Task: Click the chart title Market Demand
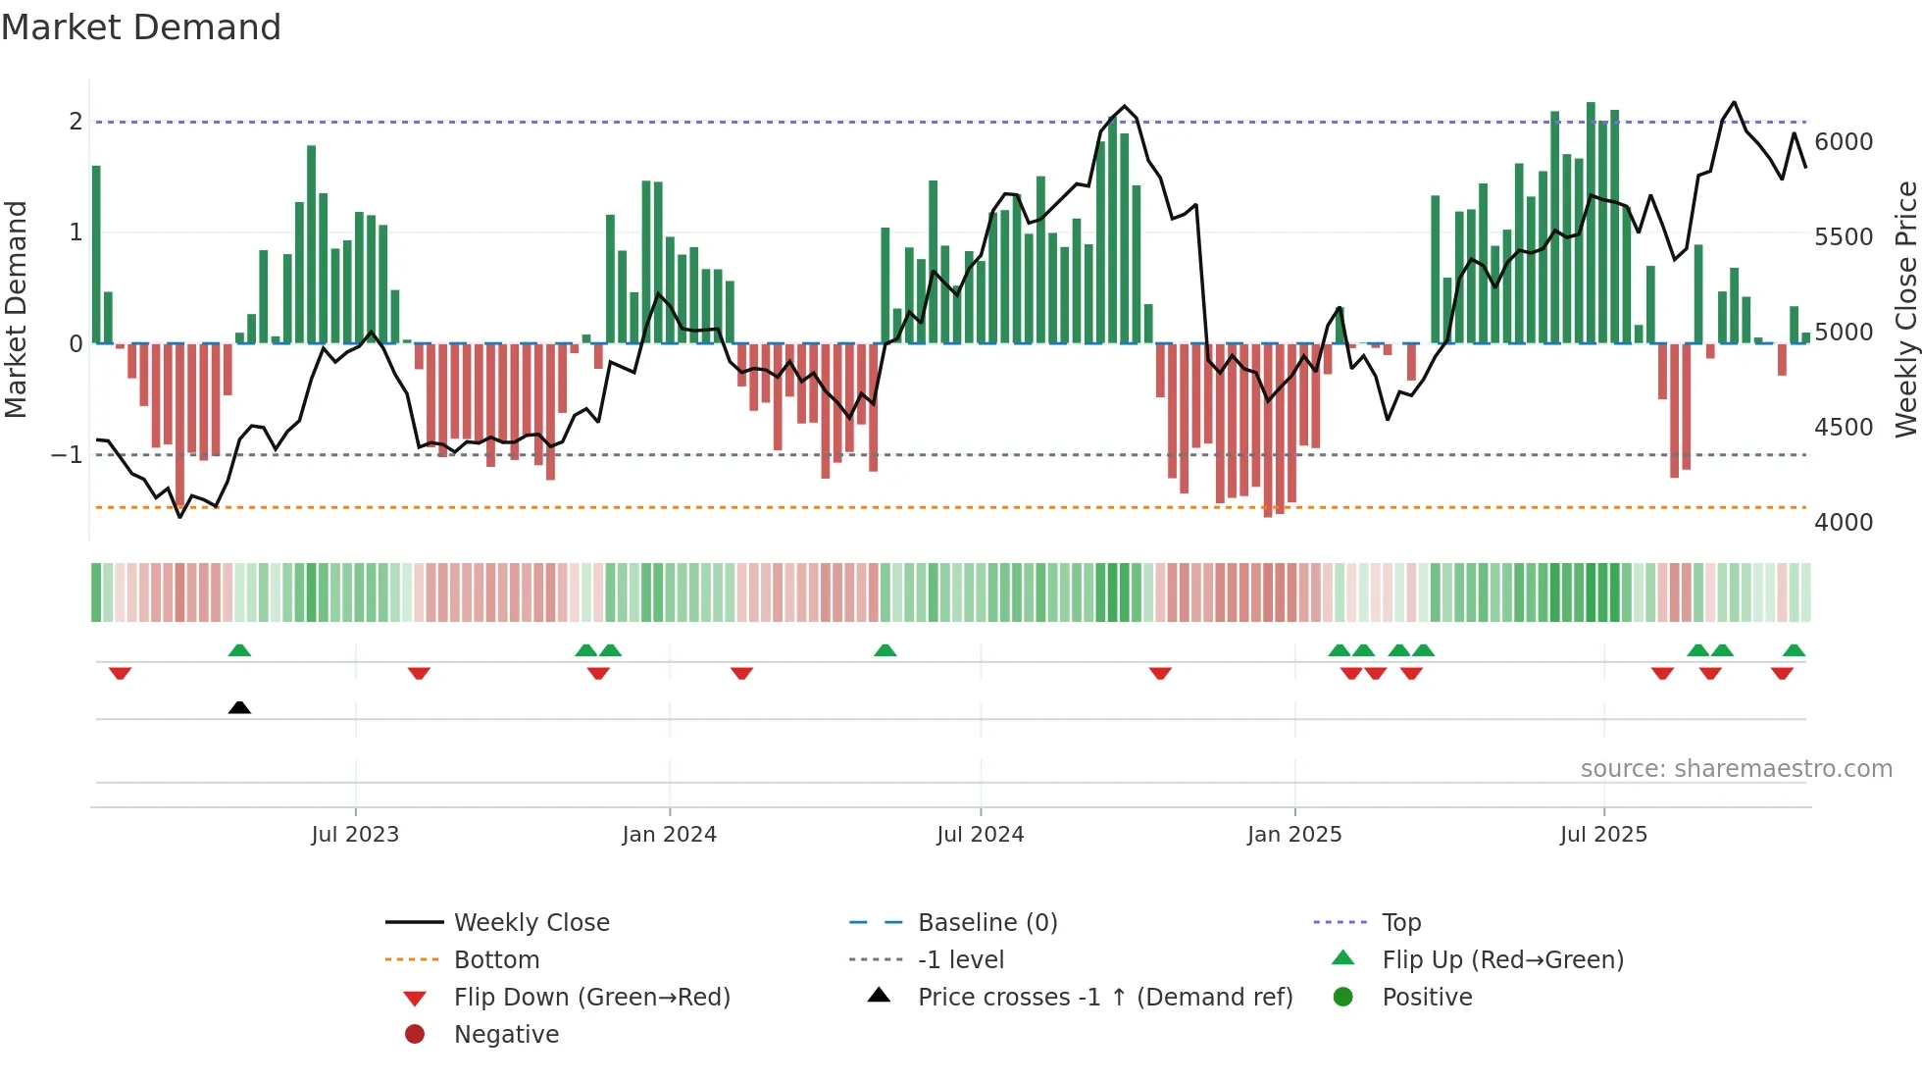click(x=141, y=27)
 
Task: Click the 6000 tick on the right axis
click(x=1843, y=142)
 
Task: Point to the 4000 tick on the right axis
click(x=1843, y=523)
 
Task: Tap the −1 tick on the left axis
click(x=68, y=455)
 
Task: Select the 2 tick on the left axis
click(x=76, y=122)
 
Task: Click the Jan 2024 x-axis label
click(x=669, y=835)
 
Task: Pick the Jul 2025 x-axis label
click(x=1603, y=835)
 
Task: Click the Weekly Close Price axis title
click(x=1905, y=309)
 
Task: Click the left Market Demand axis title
click(x=17, y=309)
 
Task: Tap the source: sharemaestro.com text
click(x=1736, y=769)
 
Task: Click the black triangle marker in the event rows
click(x=239, y=707)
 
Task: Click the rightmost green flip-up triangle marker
click(x=1794, y=650)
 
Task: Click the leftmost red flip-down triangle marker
click(x=120, y=673)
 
